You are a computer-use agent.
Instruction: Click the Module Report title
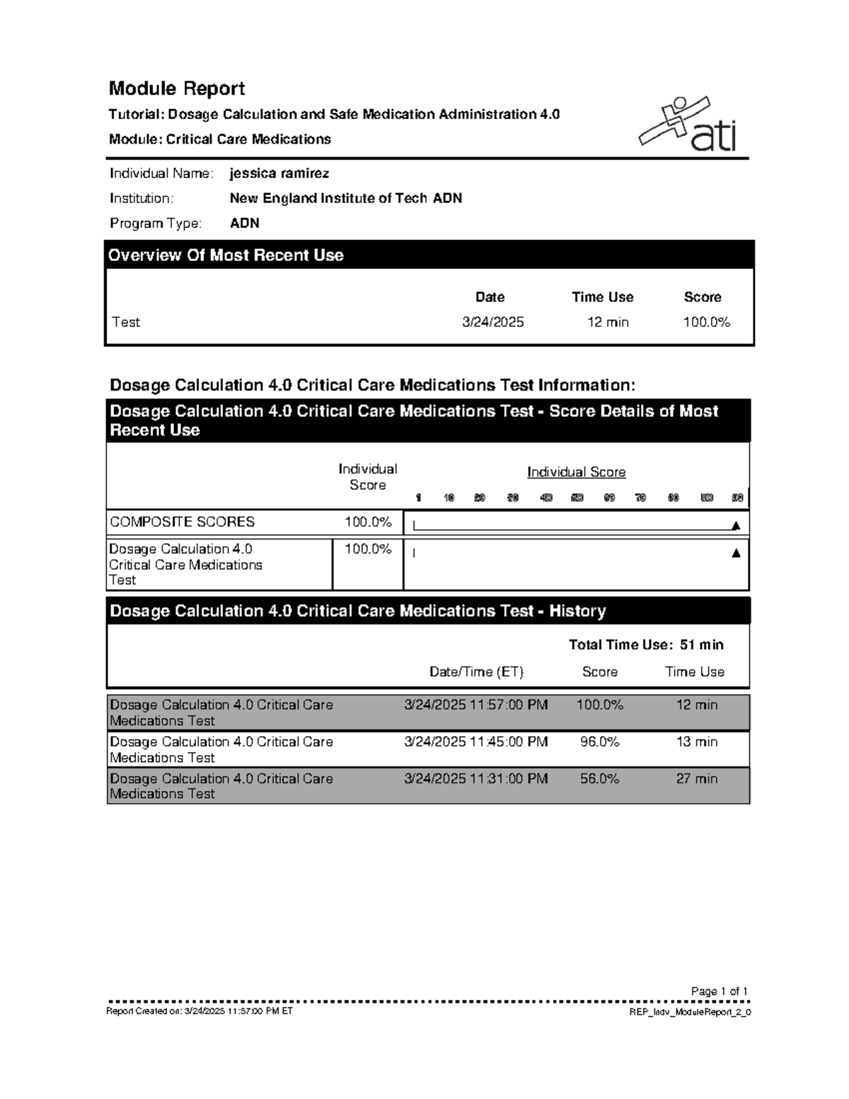(176, 88)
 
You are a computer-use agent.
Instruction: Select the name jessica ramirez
(279, 173)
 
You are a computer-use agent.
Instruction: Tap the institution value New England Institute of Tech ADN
(345, 198)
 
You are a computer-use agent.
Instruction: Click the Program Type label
(155, 223)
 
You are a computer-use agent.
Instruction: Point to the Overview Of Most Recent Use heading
(226, 255)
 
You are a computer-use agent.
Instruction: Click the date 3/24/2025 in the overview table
(492, 322)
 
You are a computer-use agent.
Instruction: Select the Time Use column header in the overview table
(602, 297)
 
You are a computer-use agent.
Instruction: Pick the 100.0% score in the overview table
(706, 322)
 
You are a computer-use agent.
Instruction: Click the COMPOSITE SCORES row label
(182, 522)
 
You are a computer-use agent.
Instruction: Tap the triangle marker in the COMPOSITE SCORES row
(736, 526)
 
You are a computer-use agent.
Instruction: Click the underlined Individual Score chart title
(576, 472)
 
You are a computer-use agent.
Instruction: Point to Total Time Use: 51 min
(646, 645)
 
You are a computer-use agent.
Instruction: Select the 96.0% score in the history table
(599, 742)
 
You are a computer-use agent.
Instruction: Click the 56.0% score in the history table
(599, 778)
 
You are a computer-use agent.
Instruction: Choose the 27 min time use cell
(696, 778)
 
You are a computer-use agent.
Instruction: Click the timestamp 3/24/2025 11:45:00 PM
(475, 742)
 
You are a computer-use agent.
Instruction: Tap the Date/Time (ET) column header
(476, 672)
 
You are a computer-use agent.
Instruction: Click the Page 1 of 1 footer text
(719, 991)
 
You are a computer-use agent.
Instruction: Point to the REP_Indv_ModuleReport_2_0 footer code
(690, 1013)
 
